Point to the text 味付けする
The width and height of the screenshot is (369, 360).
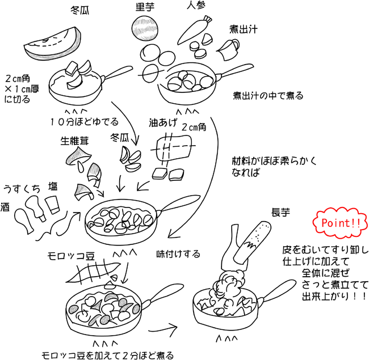[178, 254]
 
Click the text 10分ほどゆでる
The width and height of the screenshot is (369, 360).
[83, 121]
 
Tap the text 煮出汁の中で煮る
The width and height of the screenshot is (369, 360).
[269, 95]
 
